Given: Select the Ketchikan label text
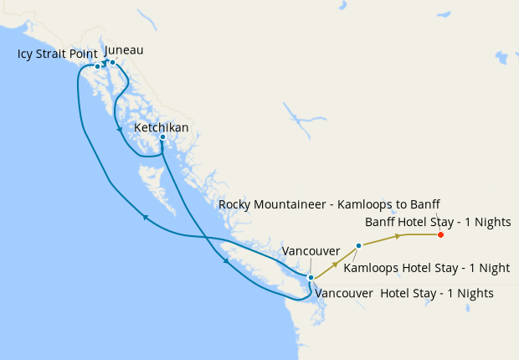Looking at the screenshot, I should [x=161, y=127].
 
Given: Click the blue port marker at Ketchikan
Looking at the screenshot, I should [x=162, y=136].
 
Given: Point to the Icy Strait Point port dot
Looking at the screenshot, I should [x=98, y=66].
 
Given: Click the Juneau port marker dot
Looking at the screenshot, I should [x=112, y=62].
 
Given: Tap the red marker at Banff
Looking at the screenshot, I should [x=440, y=234].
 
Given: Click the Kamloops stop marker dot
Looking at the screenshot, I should [x=358, y=245].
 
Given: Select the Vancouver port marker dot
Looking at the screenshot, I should [x=311, y=277].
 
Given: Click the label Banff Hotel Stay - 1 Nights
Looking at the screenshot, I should [x=438, y=222].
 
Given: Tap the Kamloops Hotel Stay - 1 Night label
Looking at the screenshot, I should [x=427, y=269].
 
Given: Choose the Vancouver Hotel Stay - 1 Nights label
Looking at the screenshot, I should [x=403, y=294].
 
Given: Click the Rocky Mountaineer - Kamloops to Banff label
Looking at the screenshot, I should [x=328, y=204].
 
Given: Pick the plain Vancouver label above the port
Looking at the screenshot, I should [x=311, y=251].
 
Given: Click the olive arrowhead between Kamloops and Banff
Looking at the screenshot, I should [x=397, y=237].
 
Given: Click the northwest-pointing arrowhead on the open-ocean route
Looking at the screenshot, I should [x=145, y=218].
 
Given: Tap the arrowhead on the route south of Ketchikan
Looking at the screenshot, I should [x=226, y=262].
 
